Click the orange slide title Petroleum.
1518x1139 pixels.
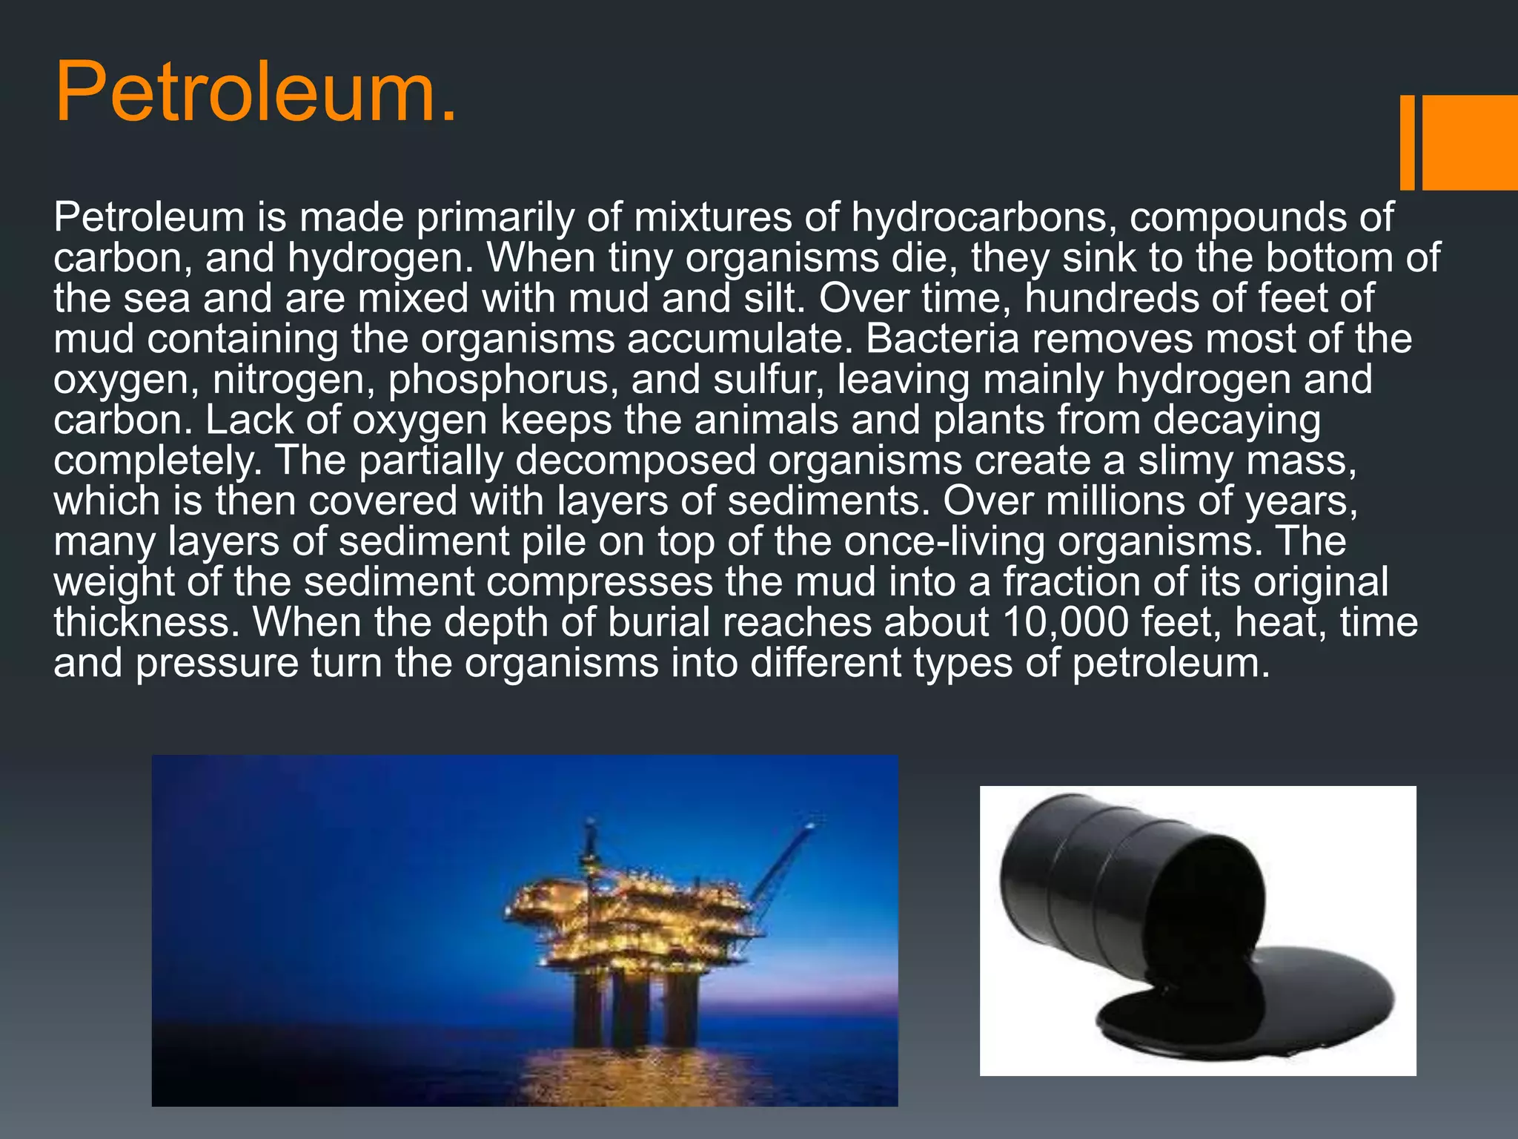[256, 93]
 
